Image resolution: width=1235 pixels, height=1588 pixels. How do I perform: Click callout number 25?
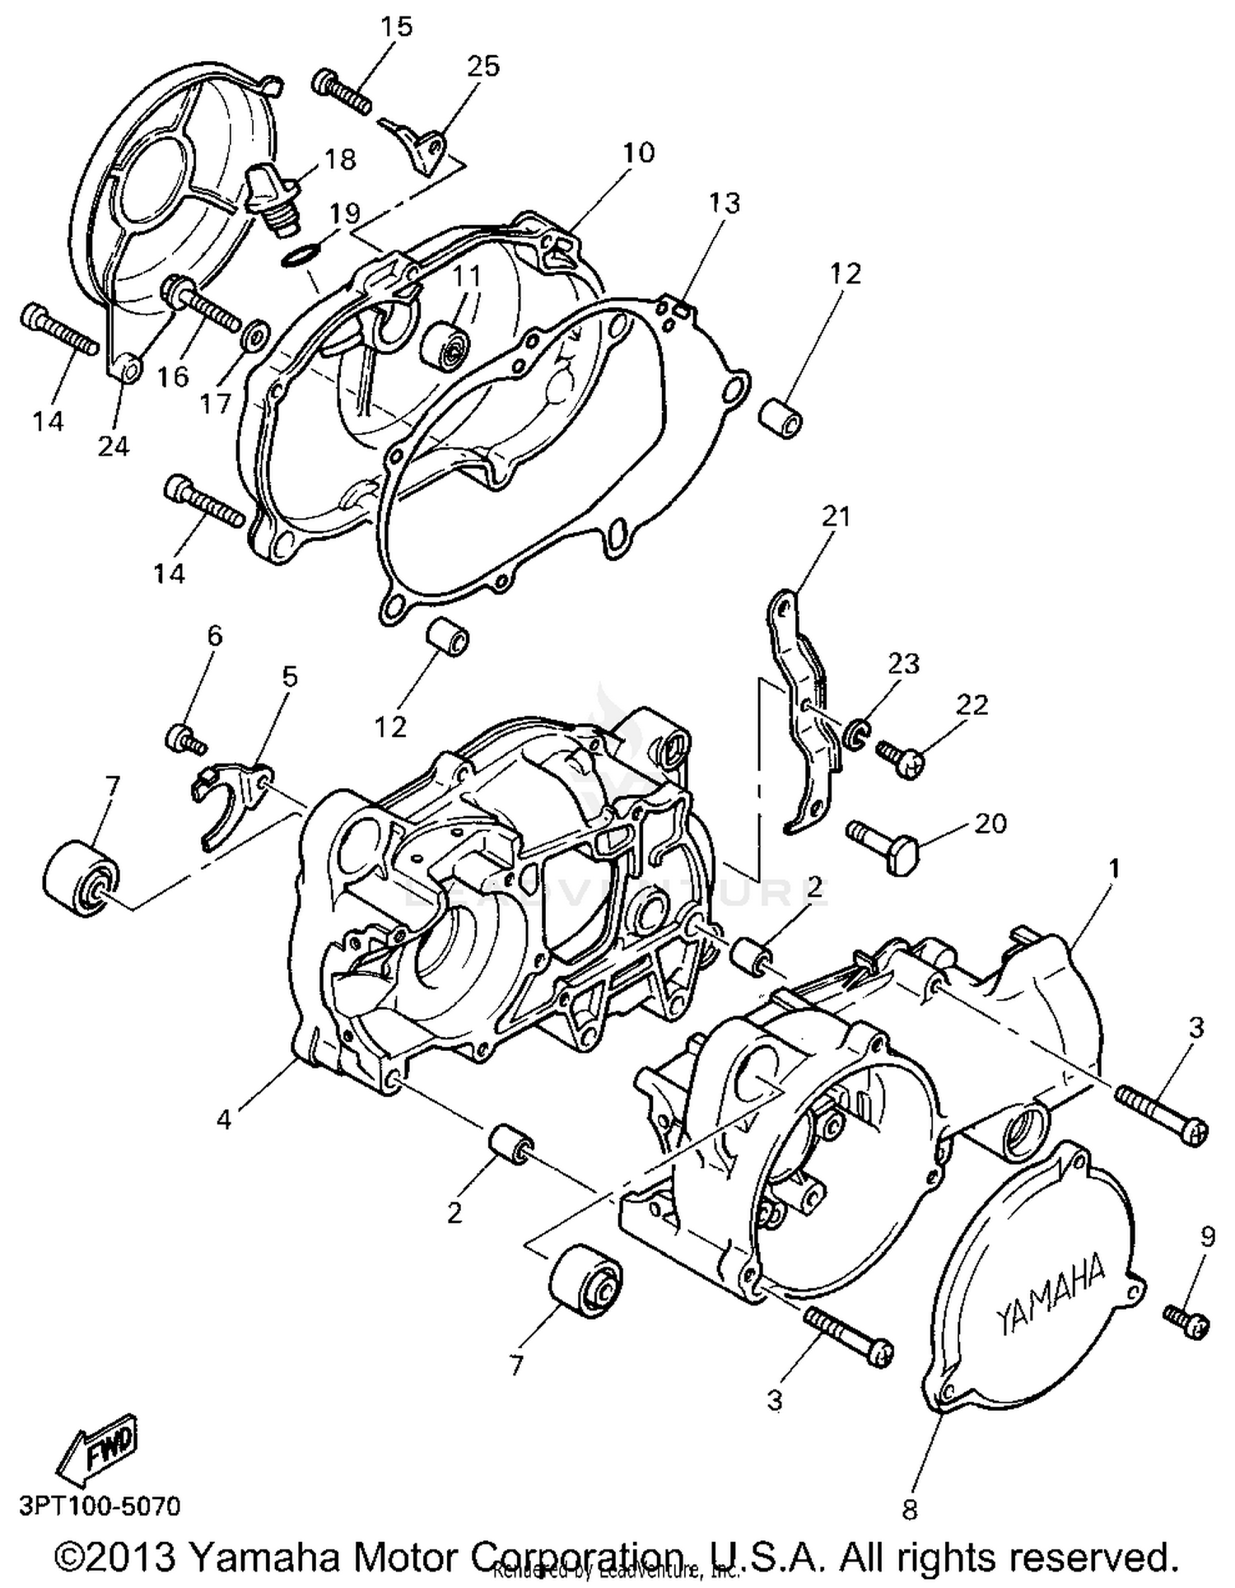(483, 66)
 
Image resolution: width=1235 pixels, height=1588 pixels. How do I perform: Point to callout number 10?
(638, 152)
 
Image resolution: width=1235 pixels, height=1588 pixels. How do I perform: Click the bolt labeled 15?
(341, 93)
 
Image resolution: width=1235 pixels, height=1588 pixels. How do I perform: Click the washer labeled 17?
(255, 335)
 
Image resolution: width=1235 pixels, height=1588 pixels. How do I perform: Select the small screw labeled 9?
(1186, 1324)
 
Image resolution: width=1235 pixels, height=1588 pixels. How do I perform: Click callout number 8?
(910, 1509)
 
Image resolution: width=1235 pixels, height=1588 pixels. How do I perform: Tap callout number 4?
(224, 1119)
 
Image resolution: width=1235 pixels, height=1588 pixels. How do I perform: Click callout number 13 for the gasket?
(725, 203)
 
